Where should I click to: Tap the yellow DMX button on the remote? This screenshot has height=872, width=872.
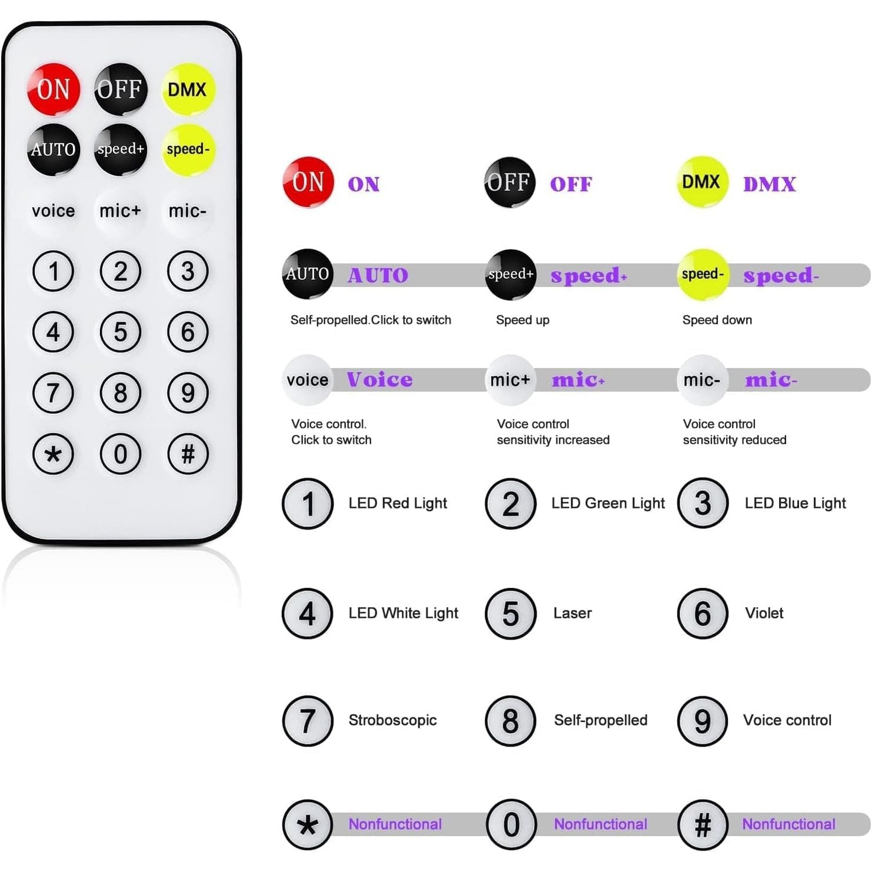point(188,89)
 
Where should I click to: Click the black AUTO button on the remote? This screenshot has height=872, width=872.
point(53,149)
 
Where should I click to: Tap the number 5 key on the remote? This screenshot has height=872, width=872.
point(120,332)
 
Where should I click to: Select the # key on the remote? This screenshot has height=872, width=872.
point(188,454)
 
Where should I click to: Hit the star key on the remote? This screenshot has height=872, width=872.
point(53,454)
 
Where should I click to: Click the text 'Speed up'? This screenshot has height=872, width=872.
point(522,320)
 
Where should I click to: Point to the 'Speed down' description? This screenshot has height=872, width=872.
point(717,320)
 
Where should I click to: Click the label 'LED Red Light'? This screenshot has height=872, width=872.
point(397,503)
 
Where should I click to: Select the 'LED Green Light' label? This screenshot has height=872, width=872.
point(607,503)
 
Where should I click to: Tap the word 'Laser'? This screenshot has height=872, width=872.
point(572,613)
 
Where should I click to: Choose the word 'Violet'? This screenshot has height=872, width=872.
point(764,613)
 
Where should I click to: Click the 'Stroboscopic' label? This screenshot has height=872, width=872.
point(392,720)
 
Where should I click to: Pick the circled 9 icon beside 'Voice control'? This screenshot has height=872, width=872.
point(703,721)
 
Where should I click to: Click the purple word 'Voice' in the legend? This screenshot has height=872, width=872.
point(380,380)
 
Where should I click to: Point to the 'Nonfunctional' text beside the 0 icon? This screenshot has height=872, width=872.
point(600,824)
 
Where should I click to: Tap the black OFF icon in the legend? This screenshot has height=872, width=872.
point(510,182)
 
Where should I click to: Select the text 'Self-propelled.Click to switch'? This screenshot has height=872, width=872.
point(371,320)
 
